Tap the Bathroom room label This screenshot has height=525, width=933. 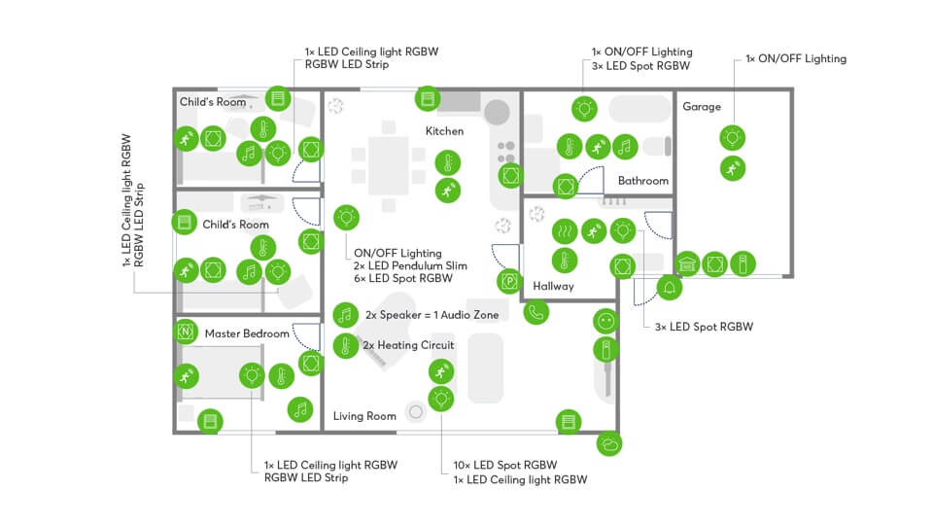pyautogui.click(x=642, y=181)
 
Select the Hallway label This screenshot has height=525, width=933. pyautogui.click(x=553, y=286)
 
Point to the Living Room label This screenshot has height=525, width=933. pyautogui.click(x=364, y=416)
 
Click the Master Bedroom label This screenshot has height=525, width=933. pyautogui.click(x=247, y=333)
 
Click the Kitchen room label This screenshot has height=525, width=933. pyautogui.click(x=444, y=130)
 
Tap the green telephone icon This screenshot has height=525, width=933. pyautogui.click(x=536, y=313)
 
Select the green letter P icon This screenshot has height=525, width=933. pyautogui.click(x=508, y=282)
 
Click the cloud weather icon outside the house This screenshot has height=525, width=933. pyautogui.click(x=610, y=444)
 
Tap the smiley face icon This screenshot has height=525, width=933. pyautogui.click(x=605, y=320)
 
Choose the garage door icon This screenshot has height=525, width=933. pyautogui.click(x=687, y=263)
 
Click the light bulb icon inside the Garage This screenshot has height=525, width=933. pyautogui.click(x=732, y=136)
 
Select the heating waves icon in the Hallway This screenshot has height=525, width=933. pyautogui.click(x=562, y=231)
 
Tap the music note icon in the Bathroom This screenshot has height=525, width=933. pyautogui.click(x=623, y=147)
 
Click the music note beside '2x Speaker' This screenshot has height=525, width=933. pyautogui.click(x=344, y=314)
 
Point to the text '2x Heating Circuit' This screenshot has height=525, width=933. pyautogui.click(x=408, y=344)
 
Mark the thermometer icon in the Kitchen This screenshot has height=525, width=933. pyautogui.click(x=446, y=162)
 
